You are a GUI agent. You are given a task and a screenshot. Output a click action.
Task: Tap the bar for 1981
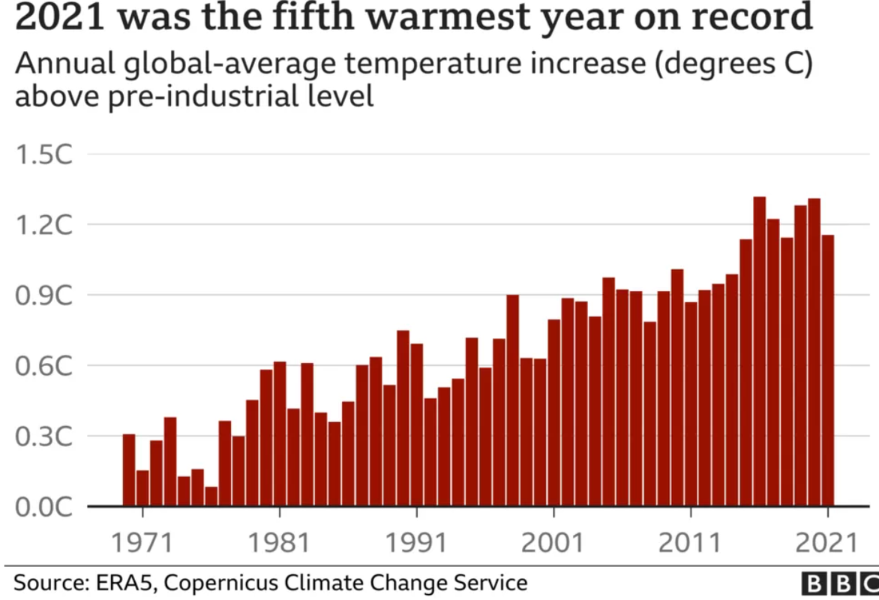point(280,434)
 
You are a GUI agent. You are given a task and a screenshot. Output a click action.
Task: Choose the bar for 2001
point(553,413)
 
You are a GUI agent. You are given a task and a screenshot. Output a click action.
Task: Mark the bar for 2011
point(691,404)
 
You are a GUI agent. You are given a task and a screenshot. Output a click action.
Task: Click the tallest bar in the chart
point(759,352)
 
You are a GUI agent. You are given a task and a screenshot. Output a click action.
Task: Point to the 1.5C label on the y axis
point(43,156)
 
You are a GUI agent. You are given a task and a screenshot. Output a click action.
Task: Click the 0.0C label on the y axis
point(43,507)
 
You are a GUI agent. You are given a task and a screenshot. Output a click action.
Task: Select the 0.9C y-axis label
point(43,296)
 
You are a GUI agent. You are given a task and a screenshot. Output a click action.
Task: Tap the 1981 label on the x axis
point(280,542)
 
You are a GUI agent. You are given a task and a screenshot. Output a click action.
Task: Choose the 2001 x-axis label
point(553,542)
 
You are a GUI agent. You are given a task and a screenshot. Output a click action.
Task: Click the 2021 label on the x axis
point(827,542)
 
